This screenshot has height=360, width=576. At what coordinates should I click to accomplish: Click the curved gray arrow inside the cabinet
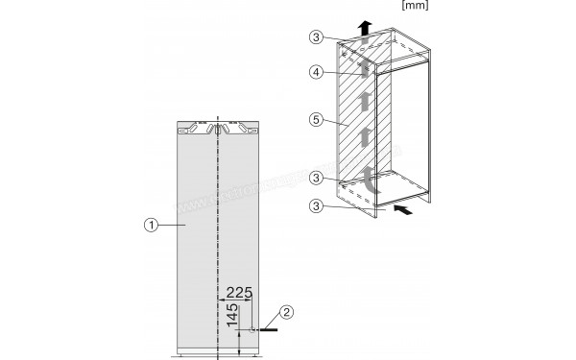(x=369, y=177)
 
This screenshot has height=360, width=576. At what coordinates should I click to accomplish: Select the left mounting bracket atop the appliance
(x=198, y=127)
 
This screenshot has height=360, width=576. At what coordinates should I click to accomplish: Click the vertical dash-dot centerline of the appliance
(x=219, y=230)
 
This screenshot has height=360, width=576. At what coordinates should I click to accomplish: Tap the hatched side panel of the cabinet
(x=357, y=125)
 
